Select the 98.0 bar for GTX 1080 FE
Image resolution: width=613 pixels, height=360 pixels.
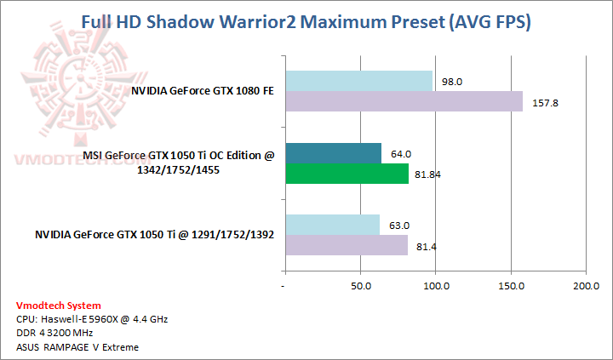coord(358,82)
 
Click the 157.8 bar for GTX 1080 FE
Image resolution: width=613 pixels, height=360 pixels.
coord(404,102)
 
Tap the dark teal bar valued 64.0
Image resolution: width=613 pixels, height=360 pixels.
coord(333,154)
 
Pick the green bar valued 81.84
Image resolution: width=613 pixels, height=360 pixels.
coord(347,174)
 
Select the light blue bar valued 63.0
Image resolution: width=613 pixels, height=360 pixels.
coord(332,226)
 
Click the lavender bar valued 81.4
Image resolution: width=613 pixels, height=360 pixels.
coord(346,246)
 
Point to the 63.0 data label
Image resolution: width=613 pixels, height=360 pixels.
coord(398,226)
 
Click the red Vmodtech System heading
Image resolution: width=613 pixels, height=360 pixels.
coord(58,305)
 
